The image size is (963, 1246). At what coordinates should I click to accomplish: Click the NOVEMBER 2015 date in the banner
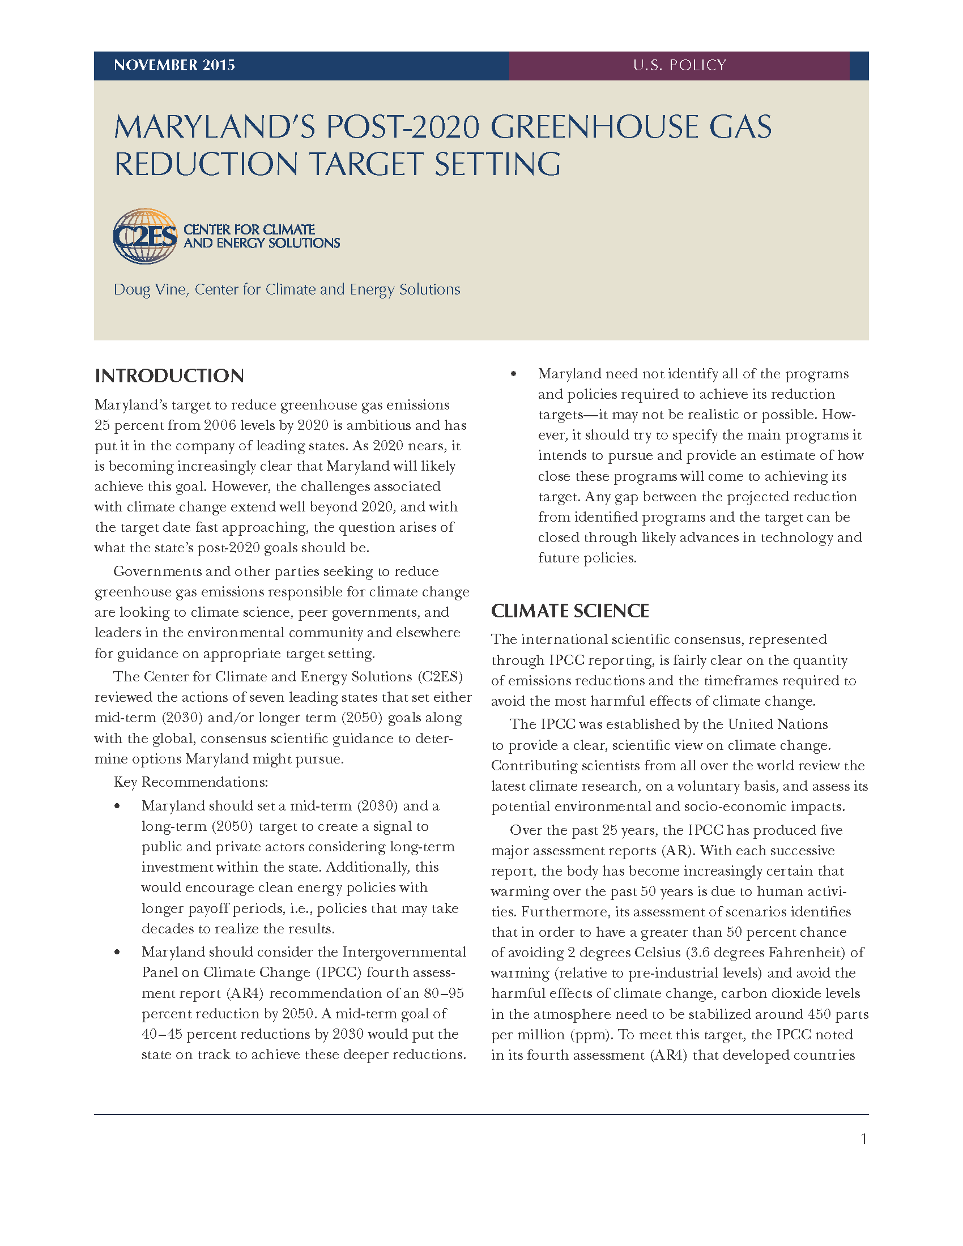[174, 65]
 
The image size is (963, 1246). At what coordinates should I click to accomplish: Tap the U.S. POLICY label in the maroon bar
[679, 65]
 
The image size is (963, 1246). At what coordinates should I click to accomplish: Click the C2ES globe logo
[145, 236]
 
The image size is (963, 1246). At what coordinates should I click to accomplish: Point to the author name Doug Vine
[150, 289]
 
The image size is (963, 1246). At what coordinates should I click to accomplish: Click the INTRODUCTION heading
[169, 375]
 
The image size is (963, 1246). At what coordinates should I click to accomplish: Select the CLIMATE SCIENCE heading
[570, 611]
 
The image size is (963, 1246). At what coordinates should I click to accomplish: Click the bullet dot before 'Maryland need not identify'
[513, 374]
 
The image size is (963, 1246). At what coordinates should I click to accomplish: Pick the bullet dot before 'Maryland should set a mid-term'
[117, 805]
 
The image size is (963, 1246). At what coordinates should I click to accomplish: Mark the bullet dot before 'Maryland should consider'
[117, 951]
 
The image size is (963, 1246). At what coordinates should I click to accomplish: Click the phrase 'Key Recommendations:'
[190, 782]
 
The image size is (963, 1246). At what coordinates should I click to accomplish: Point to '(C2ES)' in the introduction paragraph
[440, 677]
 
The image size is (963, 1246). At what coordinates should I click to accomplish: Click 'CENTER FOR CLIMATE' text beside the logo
[249, 229]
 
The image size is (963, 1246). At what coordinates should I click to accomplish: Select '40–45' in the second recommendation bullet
[161, 1034]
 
